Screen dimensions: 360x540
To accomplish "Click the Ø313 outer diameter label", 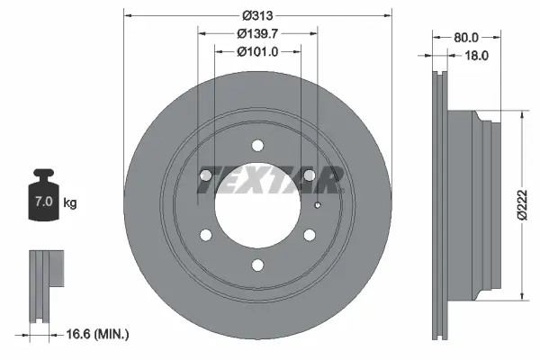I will tap(256, 14).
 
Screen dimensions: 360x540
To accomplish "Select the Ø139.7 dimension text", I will tap(256, 33).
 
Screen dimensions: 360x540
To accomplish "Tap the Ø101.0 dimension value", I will tap(256, 51).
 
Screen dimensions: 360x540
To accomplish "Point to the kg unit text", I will tap(70, 203).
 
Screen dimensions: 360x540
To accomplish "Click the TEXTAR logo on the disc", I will tap(269, 181).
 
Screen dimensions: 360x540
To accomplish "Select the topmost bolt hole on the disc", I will tap(257, 145).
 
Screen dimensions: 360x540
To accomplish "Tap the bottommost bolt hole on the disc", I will tap(257, 264).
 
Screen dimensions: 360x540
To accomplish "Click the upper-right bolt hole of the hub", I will tap(309, 175).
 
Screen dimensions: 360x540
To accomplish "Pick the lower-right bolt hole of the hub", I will tap(309, 235).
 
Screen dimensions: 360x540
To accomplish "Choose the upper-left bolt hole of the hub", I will tap(206, 175).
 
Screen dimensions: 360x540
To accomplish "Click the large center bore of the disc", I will tap(257, 205).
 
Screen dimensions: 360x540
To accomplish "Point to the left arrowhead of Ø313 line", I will tap(127, 14).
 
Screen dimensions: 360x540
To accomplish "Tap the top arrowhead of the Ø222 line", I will tap(523, 114).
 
